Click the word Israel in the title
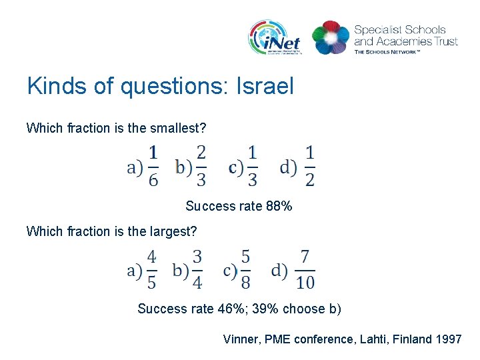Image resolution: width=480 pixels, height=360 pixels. [265, 86]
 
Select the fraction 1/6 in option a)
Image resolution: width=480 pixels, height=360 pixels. [153, 166]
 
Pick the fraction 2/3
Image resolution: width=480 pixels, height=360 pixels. [201, 166]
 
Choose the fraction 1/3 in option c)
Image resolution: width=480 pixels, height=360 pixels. [252, 166]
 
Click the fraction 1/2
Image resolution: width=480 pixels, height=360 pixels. [310, 166]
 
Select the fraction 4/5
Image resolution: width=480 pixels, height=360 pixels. [152, 269]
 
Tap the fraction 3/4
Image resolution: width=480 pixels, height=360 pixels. [197, 269]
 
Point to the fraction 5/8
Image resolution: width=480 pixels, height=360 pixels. [245, 269]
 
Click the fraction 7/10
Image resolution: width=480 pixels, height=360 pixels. [305, 269]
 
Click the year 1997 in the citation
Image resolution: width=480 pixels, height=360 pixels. [448, 339]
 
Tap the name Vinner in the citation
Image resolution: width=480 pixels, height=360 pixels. [239, 339]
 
